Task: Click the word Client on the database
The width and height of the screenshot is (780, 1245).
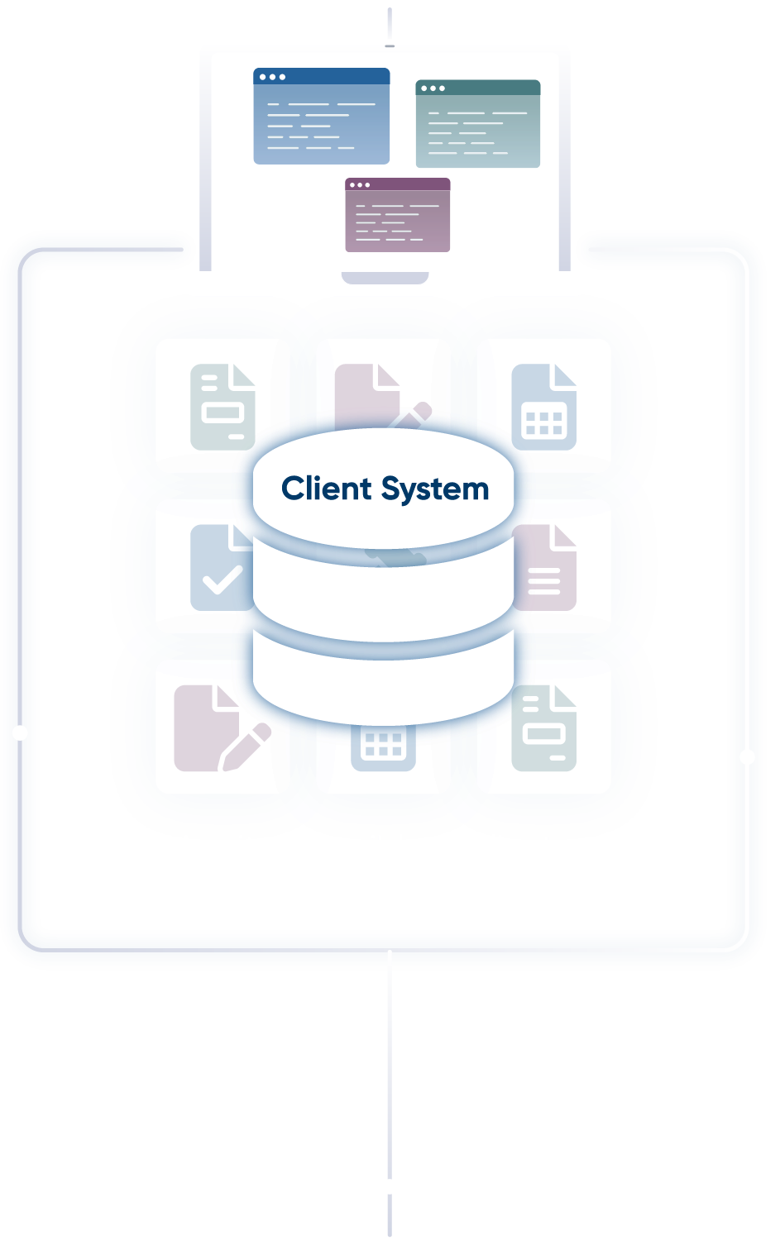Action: tap(327, 489)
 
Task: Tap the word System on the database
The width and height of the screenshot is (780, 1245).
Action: tap(436, 490)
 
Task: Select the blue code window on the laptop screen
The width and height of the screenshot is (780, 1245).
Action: tap(321, 117)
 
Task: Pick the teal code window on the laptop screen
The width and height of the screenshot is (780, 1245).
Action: tap(477, 124)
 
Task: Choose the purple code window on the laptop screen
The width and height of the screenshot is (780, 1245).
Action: tap(397, 215)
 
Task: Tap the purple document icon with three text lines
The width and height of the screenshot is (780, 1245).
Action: tap(545, 569)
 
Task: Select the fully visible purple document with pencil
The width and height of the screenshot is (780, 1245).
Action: tap(220, 728)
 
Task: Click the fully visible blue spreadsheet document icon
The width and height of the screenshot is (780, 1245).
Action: tap(543, 407)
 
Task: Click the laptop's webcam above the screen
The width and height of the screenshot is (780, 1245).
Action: tap(390, 45)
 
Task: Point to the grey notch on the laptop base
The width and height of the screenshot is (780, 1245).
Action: tap(385, 278)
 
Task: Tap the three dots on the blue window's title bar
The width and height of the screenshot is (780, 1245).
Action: tap(271, 77)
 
